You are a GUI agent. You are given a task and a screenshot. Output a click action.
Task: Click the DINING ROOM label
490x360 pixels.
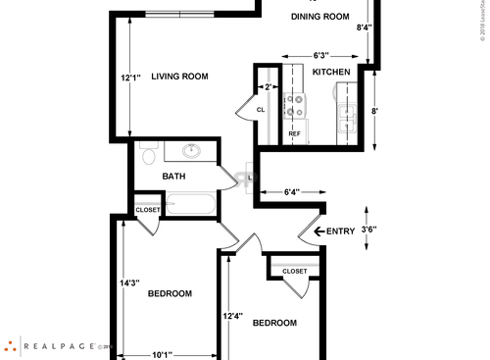tap(321, 16)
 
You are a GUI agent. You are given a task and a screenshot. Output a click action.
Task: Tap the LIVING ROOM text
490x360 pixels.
tap(181, 77)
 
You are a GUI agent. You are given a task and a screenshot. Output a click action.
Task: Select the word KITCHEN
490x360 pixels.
tap(331, 73)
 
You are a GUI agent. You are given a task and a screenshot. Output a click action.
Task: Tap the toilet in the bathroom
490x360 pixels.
tap(148, 156)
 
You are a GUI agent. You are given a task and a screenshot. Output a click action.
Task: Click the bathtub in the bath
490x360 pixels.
tap(191, 204)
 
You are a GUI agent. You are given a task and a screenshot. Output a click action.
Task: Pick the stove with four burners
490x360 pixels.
tap(293, 107)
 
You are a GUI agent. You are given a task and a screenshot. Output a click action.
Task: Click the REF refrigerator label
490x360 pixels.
tap(293, 133)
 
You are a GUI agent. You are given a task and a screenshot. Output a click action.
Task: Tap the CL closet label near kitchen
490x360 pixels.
tap(262, 110)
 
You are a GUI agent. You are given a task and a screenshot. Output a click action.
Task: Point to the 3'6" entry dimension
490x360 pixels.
tap(370, 231)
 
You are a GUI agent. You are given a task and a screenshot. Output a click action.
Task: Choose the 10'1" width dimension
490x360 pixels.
tap(163, 354)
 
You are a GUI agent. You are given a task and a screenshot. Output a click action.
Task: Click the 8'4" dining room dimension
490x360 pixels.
tap(364, 27)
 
